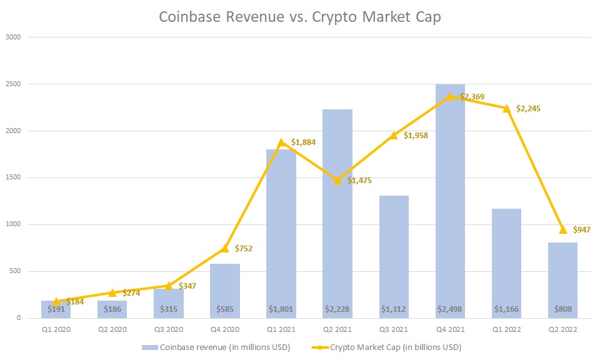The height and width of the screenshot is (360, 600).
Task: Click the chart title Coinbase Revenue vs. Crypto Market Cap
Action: pyautogui.click(x=300, y=17)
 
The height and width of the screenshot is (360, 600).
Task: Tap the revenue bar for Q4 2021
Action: pyautogui.click(x=450, y=200)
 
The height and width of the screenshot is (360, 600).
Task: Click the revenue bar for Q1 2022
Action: pyautogui.click(x=506, y=262)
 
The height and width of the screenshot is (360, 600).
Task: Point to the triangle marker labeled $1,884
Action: pyautogui.click(x=281, y=142)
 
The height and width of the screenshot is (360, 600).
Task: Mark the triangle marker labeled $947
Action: pyautogui.click(x=562, y=229)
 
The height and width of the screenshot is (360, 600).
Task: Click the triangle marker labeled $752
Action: pyautogui.click(x=225, y=248)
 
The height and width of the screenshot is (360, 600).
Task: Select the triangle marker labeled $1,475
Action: pyautogui.click(x=337, y=181)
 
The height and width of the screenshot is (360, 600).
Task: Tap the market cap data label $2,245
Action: pyautogui.click(x=528, y=109)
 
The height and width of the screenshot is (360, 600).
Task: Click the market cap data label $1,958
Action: pyautogui.click(x=416, y=136)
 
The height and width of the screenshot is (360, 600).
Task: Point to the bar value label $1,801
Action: pyautogui.click(x=281, y=309)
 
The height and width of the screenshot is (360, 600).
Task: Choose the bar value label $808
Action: pyautogui.click(x=562, y=309)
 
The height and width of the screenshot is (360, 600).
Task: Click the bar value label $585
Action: pyautogui.click(x=225, y=309)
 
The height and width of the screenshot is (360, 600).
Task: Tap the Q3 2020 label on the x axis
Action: pyautogui.click(x=169, y=328)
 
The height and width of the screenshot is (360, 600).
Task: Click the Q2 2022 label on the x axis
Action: pyautogui.click(x=562, y=328)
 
